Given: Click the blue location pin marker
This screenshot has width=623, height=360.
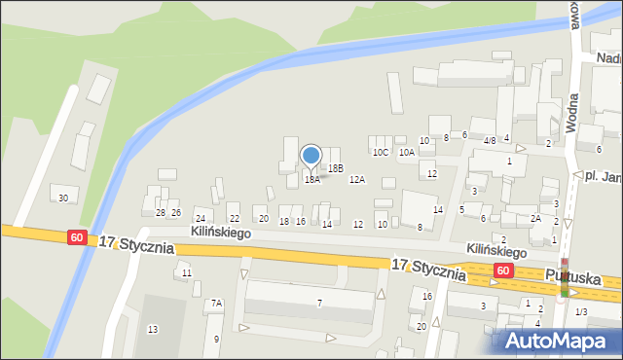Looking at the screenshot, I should coord(311,156).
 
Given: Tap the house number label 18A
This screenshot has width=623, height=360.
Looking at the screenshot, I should coord(311,180).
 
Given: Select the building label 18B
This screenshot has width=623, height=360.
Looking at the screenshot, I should coord(336,168).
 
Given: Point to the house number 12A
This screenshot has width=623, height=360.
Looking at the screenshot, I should coord(357,180).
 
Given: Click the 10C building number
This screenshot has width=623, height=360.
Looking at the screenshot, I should coord(380,152).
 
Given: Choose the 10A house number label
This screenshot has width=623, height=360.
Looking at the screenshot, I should coord(407,152).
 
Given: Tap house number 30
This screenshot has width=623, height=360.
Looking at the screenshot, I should coord(63,198).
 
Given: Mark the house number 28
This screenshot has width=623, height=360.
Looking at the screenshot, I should coord(161,212).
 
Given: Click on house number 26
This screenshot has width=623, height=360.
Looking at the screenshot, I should coord(176,212).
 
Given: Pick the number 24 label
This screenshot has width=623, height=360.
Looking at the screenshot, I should coord(201,219).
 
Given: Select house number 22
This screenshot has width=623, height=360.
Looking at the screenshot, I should coord(234,219).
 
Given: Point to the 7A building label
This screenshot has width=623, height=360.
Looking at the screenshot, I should coord(217,304).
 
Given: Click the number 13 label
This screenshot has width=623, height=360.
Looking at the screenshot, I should coord(153,330).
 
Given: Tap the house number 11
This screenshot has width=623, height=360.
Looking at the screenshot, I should coord(186,273).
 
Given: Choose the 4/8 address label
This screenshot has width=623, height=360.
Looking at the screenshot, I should coord(490,140).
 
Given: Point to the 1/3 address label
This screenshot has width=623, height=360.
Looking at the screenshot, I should coord(581,311).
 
